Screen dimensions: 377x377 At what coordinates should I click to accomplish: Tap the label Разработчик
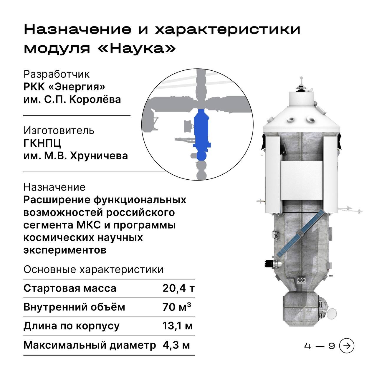pyautogui.click(x=57, y=74)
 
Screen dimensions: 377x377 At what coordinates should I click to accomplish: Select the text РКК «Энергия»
pyautogui.click(x=65, y=87)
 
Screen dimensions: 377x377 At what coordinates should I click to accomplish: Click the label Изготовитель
pyautogui.click(x=59, y=130)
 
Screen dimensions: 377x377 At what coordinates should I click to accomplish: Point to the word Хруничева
pyautogui.click(x=99, y=156)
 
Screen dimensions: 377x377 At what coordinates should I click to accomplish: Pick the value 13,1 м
pyautogui.click(x=177, y=326)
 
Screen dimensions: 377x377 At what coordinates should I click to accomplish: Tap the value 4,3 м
pyautogui.click(x=176, y=345)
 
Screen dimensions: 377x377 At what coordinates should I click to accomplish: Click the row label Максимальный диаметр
pyautogui.click(x=90, y=345)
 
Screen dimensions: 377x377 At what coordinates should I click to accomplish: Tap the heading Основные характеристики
pyautogui.click(x=94, y=269)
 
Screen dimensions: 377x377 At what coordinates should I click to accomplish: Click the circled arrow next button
pyautogui.click(x=347, y=346)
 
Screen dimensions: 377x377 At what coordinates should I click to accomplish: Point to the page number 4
pyautogui.click(x=307, y=346)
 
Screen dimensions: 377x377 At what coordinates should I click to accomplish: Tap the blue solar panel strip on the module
pyautogui.click(x=300, y=233)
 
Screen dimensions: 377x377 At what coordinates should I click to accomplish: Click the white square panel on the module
pyautogui.click(x=301, y=181)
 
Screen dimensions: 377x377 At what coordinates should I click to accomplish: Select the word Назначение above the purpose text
pyautogui.click(x=54, y=187)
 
